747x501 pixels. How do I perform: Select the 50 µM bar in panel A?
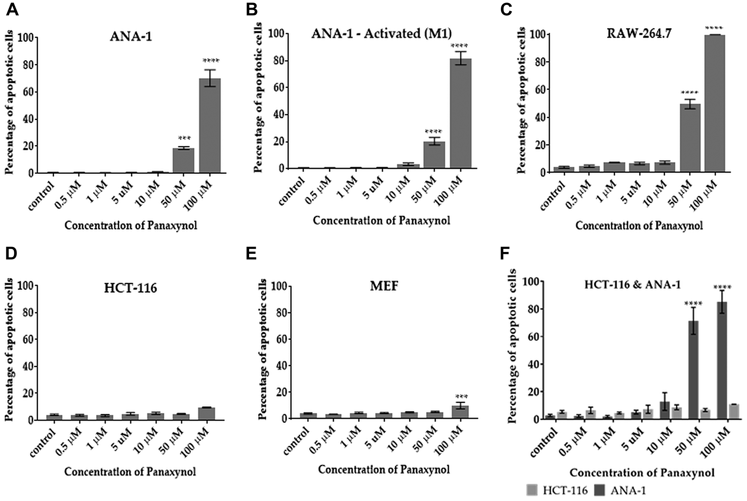(183, 160)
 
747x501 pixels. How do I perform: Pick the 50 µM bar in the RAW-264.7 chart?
(690, 138)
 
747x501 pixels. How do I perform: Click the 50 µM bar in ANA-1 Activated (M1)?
(434, 155)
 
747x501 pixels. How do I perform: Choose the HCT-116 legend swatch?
(533, 490)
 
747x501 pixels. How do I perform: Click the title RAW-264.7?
(639, 34)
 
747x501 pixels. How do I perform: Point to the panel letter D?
(11, 253)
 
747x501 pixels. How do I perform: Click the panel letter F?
(505, 253)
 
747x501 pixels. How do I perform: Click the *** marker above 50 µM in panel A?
(184, 139)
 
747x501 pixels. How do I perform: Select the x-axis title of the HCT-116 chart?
(130, 472)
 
